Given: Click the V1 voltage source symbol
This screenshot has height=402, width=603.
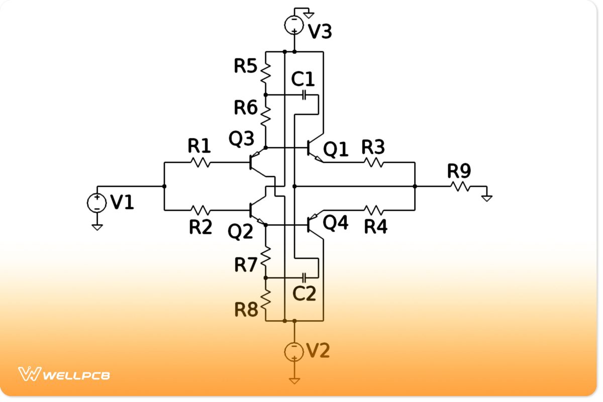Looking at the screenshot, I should pyautogui.click(x=97, y=203).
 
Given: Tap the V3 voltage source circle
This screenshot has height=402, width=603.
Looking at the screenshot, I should pyautogui.click(x=294, y=25).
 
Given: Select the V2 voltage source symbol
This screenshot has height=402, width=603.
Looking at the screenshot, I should pyautogui.click(x=294, y=351).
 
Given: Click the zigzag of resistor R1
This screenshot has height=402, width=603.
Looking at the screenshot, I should pyautogui.click(x=200, y=162).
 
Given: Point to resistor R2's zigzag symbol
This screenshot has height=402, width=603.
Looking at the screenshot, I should pyautogui.click(x=200, y=209).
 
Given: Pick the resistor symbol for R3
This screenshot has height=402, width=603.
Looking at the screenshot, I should pyautogui.click(x=374, y=162).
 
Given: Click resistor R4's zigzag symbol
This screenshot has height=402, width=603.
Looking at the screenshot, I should pyautogui.click(x=374, y=209).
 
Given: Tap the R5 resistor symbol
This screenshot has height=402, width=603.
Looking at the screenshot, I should pyautogui.click(x=265, y=73).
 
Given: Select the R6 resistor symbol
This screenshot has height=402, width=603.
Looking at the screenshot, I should pyautogui.click(x=265, y=115).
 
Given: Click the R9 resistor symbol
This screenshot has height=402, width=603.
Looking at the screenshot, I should pyautogui.click(x=460, y=186).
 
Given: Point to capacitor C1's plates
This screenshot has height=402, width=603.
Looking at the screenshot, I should pyautogui.click(x=304, y=95).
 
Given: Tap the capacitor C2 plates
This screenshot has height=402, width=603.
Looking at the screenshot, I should pyautogui.click(x=304, y=277).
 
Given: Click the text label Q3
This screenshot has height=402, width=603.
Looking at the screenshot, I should pyautogui.click(x=241, y=139).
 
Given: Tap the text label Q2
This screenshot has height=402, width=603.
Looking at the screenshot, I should pyautogui.click(x=240, y=232).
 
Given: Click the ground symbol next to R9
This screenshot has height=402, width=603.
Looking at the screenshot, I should pyautogui.click(x=486, y=196).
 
